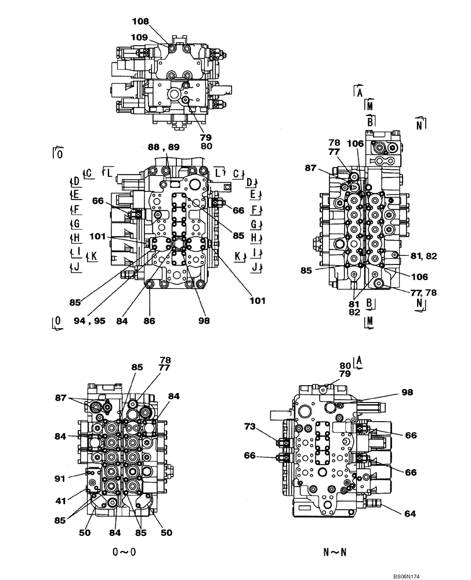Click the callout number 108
click(140, 21)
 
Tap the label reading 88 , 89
click(163, 148)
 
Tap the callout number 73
click(251, 427)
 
